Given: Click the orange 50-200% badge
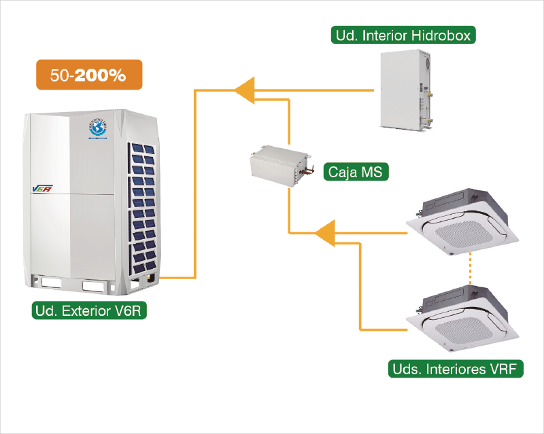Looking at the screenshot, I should (x=89, y=75).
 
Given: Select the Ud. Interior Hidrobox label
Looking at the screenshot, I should (x=403, y=35).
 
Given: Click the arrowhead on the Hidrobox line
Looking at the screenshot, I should (x=243, y=89).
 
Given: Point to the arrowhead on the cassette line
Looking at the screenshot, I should (x=326, y=233).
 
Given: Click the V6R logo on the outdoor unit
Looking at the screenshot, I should (x=42, y=188).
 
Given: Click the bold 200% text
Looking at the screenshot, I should (x=100, y=75).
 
